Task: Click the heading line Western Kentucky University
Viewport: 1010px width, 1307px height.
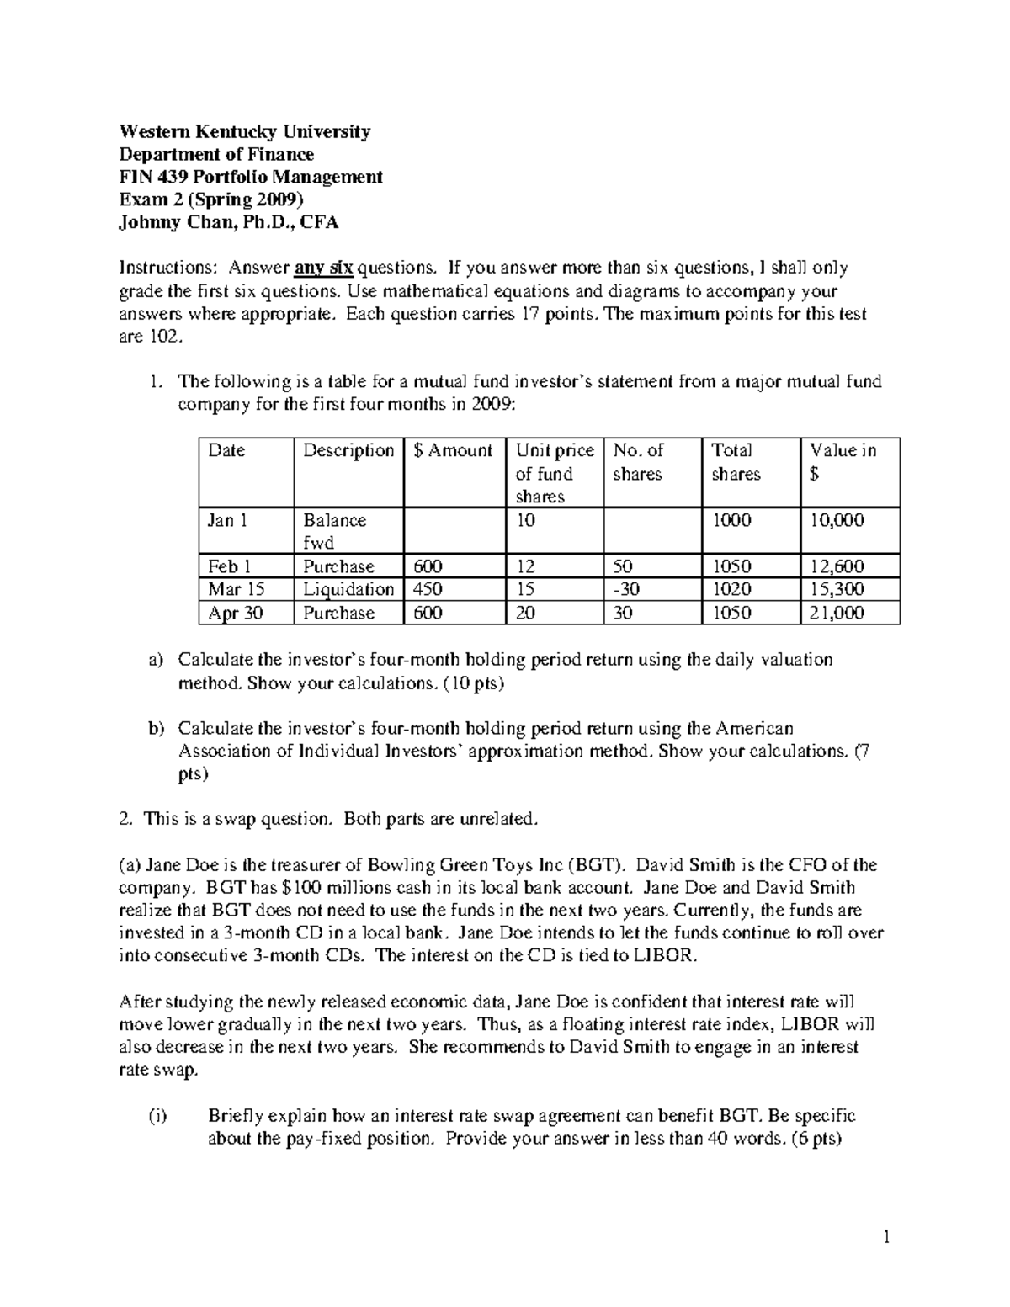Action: click(x=244, y=131)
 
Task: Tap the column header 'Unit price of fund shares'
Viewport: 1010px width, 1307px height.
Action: click(x=554, y=473)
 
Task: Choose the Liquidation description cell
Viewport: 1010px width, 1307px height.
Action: click(x=348, y=589)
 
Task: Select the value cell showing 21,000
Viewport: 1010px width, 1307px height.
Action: click(x=837, y=613)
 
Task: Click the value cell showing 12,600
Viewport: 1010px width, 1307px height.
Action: click(x=837, y=566)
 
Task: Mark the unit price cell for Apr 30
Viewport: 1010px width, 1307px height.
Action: click(x=525, y=613)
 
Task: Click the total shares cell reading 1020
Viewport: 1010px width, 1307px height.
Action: click(x=732, y=589)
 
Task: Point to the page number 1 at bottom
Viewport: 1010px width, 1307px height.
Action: click(x=885, y=1237)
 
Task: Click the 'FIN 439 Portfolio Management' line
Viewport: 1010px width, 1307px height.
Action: click(x=251, y=177)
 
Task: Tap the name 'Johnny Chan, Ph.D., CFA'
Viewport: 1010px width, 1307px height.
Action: click(x=229, y=222)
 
